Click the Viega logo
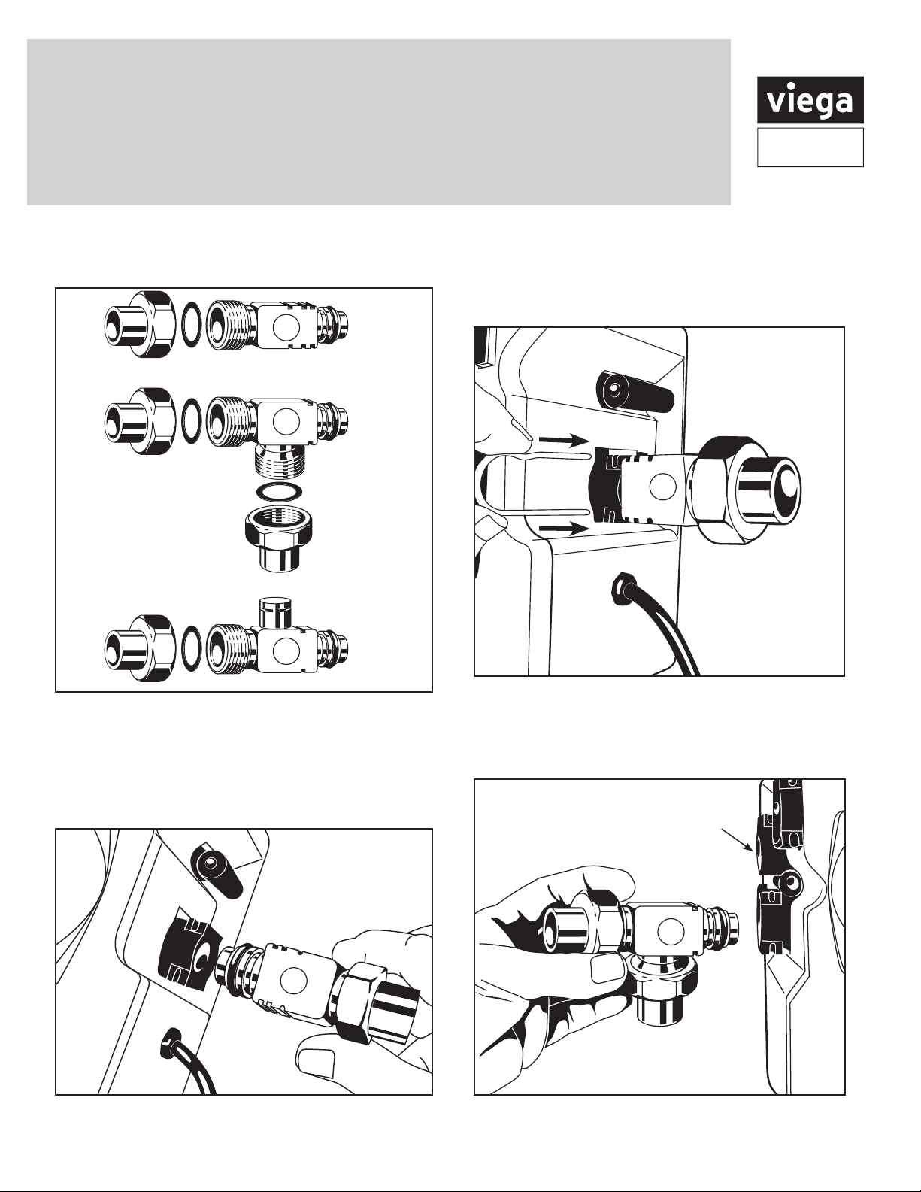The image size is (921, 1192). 810,100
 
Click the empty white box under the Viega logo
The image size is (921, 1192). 810,147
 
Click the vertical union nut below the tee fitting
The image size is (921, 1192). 274,538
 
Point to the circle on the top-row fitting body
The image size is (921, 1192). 286,327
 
